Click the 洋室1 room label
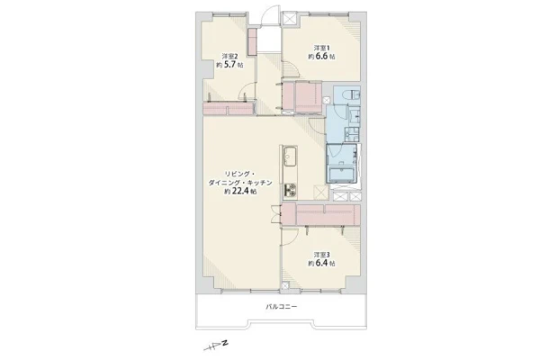[x=321, y=48]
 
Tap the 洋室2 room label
[x=229, y=56]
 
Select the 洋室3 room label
[x=321, y=255]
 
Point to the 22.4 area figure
[x=240, y=192]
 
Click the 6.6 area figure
[x=321, y=56]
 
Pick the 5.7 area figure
[x=230, y=65]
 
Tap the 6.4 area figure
[x=321, y=264]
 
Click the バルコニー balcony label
[x=281, y=306]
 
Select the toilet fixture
[x=353, y=94]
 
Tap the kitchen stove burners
[x=291, y=191]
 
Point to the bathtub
[x=342, y=175]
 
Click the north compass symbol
[x=217, y=346]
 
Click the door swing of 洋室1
[x=292, y=69]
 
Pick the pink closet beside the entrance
[x=252, y=41]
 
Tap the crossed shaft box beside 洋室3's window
[x=285, y=285]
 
